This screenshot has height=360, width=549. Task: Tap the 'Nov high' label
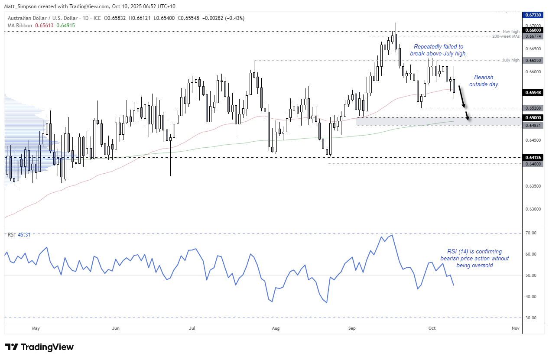click(511, 31)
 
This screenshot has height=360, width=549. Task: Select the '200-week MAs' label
click(505, 36)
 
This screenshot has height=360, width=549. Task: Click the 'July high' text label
click(511, 60)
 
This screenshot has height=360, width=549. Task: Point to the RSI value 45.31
click(24, 235)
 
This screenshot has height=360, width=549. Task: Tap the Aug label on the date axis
click(276, 328)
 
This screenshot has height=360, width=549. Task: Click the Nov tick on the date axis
click(515, 328)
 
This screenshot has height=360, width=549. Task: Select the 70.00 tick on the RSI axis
click(531, 233)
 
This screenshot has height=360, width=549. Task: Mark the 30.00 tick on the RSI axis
click(531, 318)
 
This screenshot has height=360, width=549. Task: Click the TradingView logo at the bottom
click(39, 347)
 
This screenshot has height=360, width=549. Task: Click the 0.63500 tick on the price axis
click(533, 186)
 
